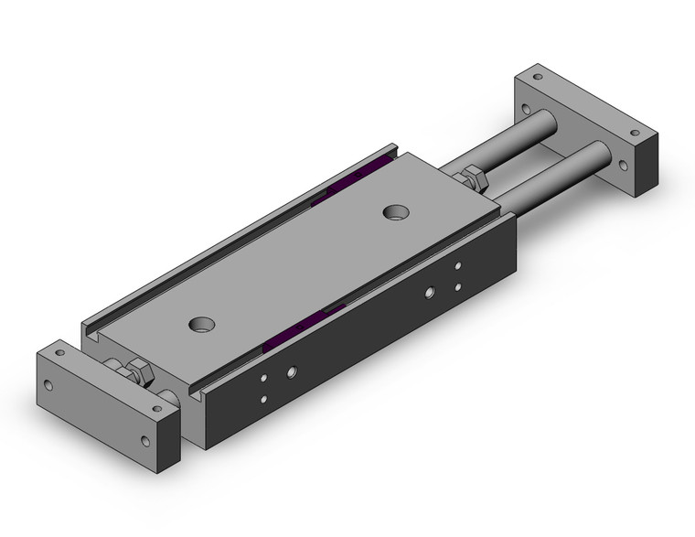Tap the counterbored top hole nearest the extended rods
pos(396,212)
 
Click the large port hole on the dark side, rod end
pos(429,294)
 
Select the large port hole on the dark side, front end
pos(292,372)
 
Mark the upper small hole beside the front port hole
pos(263,378)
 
